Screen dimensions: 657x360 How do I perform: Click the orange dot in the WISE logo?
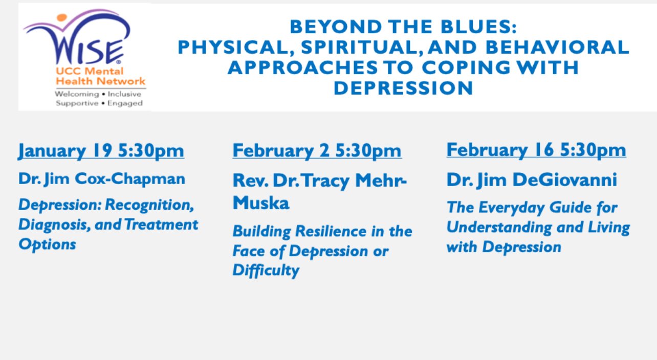(x=62, y=17)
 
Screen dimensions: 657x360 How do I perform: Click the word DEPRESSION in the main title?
(x=403, y=88)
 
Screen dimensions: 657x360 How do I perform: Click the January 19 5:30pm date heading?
(x=101, y=151)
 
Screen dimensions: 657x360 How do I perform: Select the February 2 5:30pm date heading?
(x=317, y=151)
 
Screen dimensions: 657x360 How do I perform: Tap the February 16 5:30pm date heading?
(x=536, y=150)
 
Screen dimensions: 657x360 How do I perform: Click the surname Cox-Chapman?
(x=130, y=179)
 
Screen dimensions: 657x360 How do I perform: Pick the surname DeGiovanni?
(x=564, y=179)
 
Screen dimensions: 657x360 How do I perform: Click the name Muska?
(x=261, y=203)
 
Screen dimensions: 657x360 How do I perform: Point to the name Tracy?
(x=325, y=181)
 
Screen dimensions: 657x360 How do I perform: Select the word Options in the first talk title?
(x=47, y=244)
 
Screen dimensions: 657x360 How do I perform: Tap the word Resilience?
(x=331, y=231)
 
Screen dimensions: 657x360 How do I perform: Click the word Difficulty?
(x=266, y=270)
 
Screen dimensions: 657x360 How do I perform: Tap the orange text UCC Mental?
(x=90, y=71)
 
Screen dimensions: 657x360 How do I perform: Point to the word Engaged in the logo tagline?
(x=125, y=103)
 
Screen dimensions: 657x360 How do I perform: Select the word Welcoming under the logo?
(x=77, y=95)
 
